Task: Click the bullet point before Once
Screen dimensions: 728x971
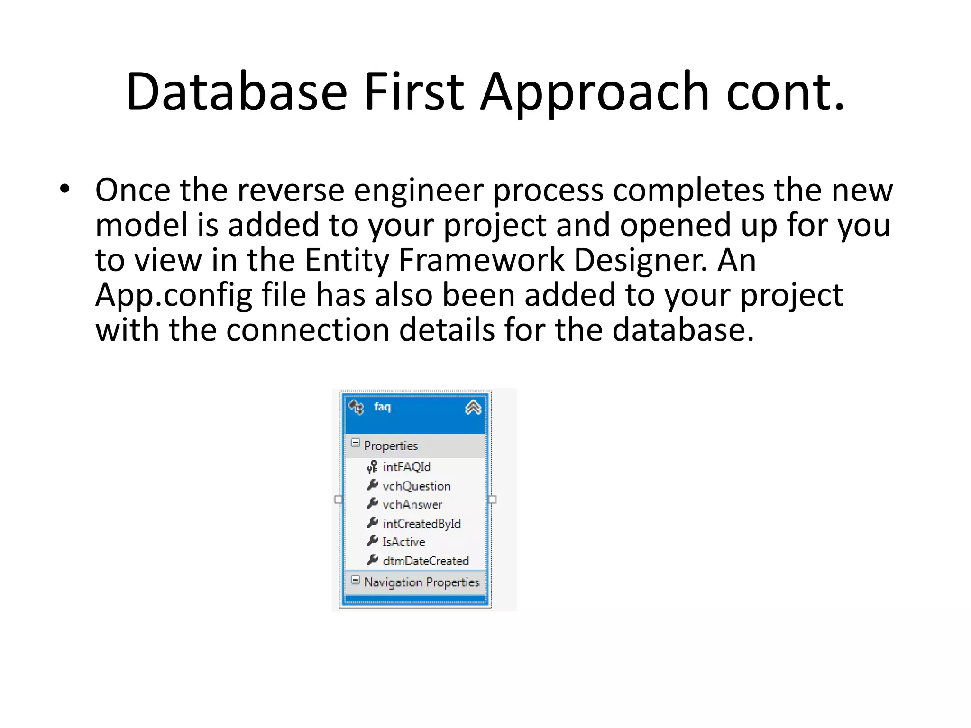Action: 64,190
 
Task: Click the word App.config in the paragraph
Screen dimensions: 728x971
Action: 174,295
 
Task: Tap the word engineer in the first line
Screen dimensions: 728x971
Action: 418,190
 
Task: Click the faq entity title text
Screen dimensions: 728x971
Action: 382,407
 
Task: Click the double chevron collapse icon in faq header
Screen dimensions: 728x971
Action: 473,407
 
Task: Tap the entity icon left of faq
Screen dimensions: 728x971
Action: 356,407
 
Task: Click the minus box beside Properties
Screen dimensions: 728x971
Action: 355,443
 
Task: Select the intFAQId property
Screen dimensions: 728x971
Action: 406,467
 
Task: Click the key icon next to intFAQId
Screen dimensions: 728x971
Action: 372,467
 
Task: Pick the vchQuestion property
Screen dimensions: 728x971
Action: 416,486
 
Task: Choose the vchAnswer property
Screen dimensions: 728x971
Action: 412,504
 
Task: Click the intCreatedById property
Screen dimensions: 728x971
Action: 421,523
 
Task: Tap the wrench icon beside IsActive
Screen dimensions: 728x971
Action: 373,541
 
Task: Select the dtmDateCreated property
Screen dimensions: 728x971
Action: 425,561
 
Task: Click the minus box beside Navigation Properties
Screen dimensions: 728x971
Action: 355,580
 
